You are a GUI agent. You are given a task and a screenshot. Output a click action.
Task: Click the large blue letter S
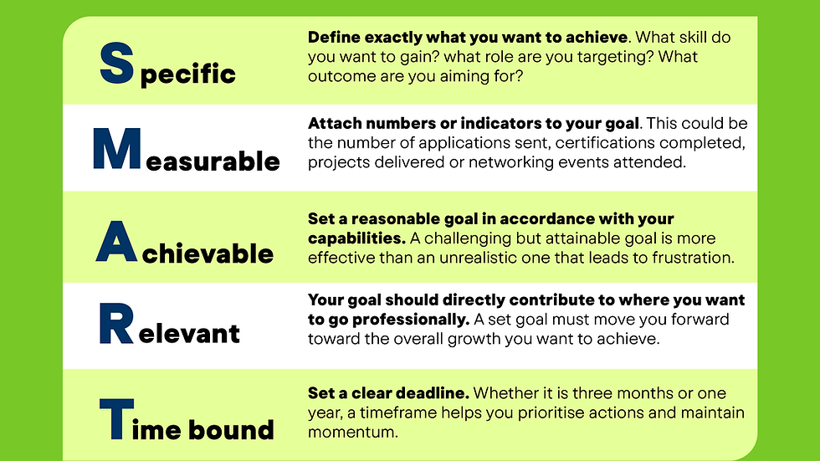click(x=116, y=64)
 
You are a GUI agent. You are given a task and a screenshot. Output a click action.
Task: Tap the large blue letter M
click(x=117, y=148)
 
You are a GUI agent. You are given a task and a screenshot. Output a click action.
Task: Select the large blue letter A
click(x=116, y=242)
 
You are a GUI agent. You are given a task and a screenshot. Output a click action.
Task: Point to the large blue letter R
click(x=116, y=324)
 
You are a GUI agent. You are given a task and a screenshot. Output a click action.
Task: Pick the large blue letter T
click(x=116, y=418)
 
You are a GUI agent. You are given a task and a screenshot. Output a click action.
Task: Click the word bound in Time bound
click(x=231, y=429)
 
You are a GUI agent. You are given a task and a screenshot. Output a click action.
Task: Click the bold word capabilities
click(x=356, y=238)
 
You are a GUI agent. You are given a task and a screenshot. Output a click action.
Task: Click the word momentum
click(x=353, y=433)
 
